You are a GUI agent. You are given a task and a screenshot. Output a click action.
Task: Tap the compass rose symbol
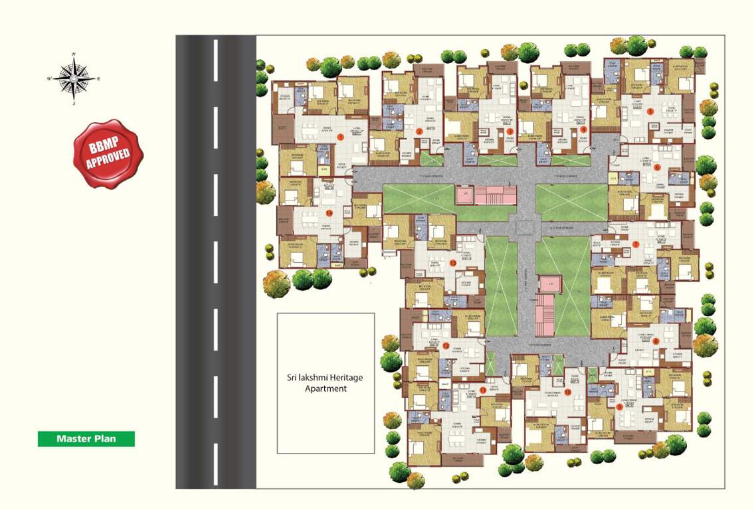tap(74, 78)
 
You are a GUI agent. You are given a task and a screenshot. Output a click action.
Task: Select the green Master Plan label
tap(86, 439)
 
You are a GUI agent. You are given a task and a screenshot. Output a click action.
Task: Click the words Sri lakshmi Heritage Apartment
tap(326, 383)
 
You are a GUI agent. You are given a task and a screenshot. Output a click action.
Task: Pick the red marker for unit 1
tap(340, 137)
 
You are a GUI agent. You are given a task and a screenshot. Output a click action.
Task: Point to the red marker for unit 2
tap(420, 131)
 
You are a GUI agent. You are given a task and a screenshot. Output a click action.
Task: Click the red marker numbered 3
tap(510, 131)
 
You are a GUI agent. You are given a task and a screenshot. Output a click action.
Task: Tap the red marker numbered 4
tap(584, 130)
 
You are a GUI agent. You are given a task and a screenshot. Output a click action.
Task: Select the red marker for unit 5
tap(650, 112)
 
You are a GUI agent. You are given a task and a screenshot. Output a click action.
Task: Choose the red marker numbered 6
tap(657, 168)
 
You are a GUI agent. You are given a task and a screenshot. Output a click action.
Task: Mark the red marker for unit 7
tap(636, 244)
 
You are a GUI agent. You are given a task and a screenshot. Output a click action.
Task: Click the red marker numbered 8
tap(656, 341)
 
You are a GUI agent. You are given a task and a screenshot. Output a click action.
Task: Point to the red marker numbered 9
tap(619, 406)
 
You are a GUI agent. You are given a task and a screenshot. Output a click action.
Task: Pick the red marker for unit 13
tap(452, 264)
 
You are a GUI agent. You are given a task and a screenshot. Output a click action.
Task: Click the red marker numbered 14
tap(329, 212)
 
